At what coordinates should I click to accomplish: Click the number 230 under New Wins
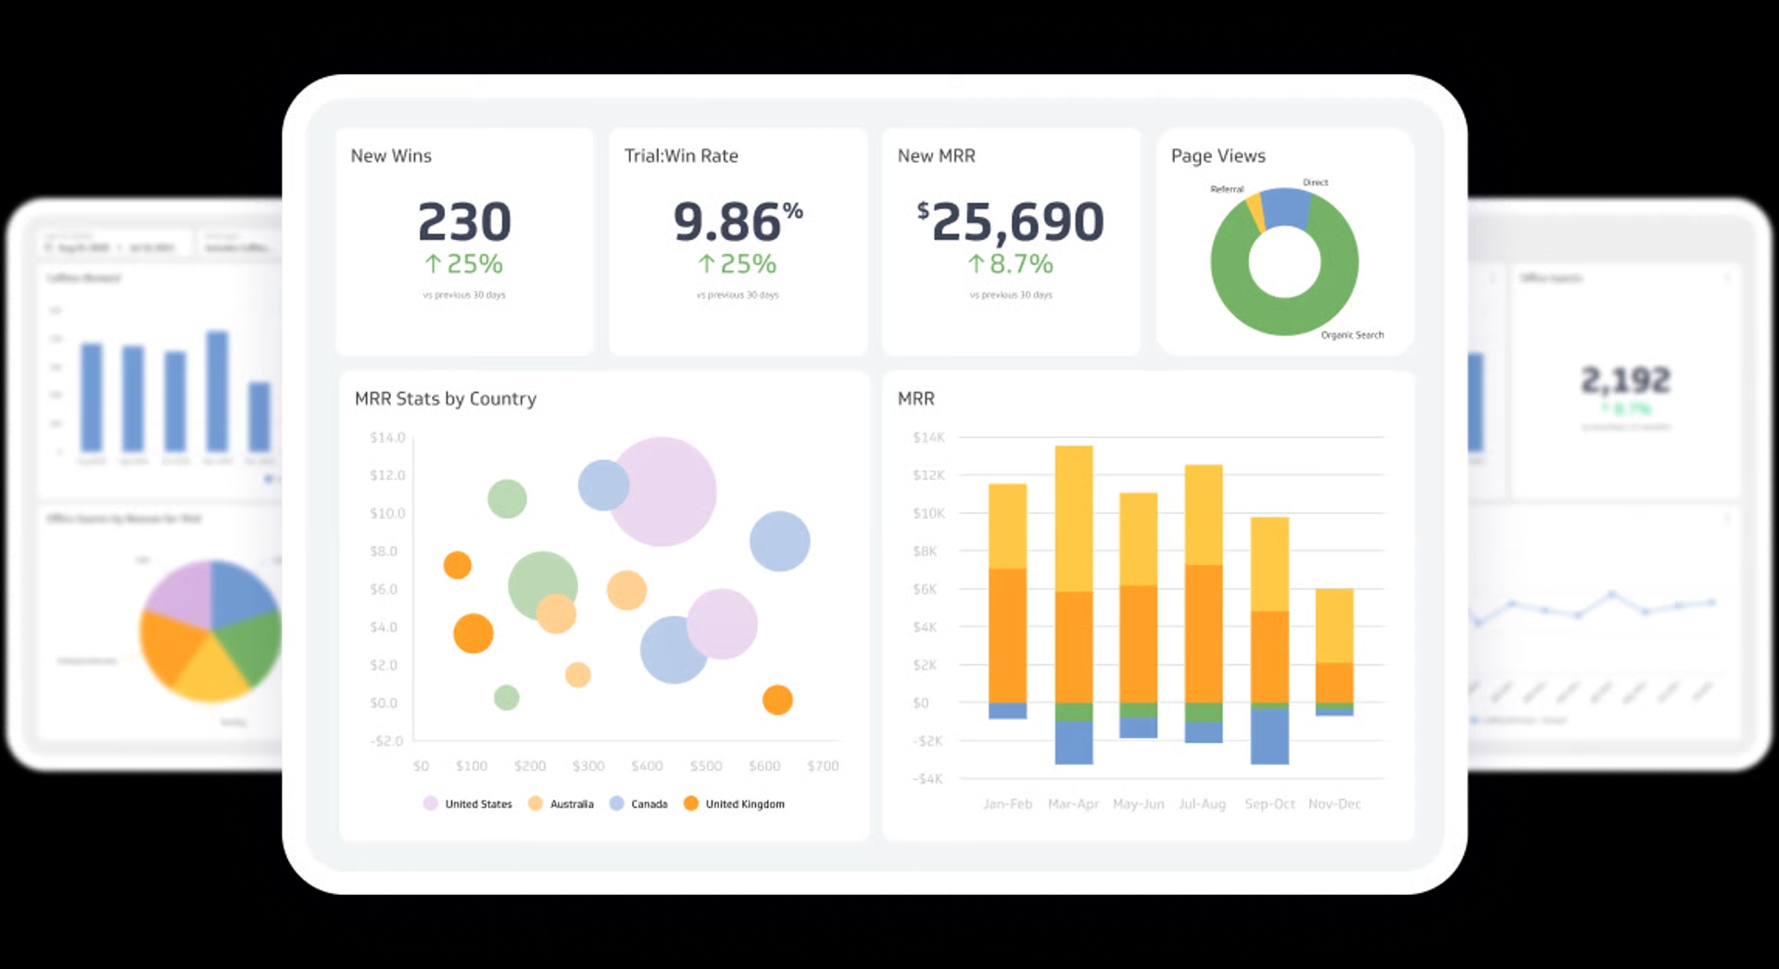point(464,222)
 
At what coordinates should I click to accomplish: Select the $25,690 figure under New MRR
point(1011,222)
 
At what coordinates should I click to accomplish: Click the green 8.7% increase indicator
point(1011,265)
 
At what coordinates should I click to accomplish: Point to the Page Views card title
point(1218,156)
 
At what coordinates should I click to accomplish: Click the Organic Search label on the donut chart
point(1352,335)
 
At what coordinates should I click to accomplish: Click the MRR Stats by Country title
point(445,398)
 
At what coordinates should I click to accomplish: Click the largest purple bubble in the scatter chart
point(662,491)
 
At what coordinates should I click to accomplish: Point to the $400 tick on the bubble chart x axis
point(647,766)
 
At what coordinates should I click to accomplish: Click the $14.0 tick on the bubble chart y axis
point(387,437)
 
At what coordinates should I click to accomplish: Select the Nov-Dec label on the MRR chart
point(1334,804)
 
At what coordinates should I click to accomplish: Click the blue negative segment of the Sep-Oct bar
point(1269,736)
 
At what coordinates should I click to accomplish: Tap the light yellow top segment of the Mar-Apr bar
point(1074,519)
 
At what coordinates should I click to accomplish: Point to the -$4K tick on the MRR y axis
point(927,779)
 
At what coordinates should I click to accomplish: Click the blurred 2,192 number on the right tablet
point(1626,380)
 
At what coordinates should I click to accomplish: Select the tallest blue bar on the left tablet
point(217,391)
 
